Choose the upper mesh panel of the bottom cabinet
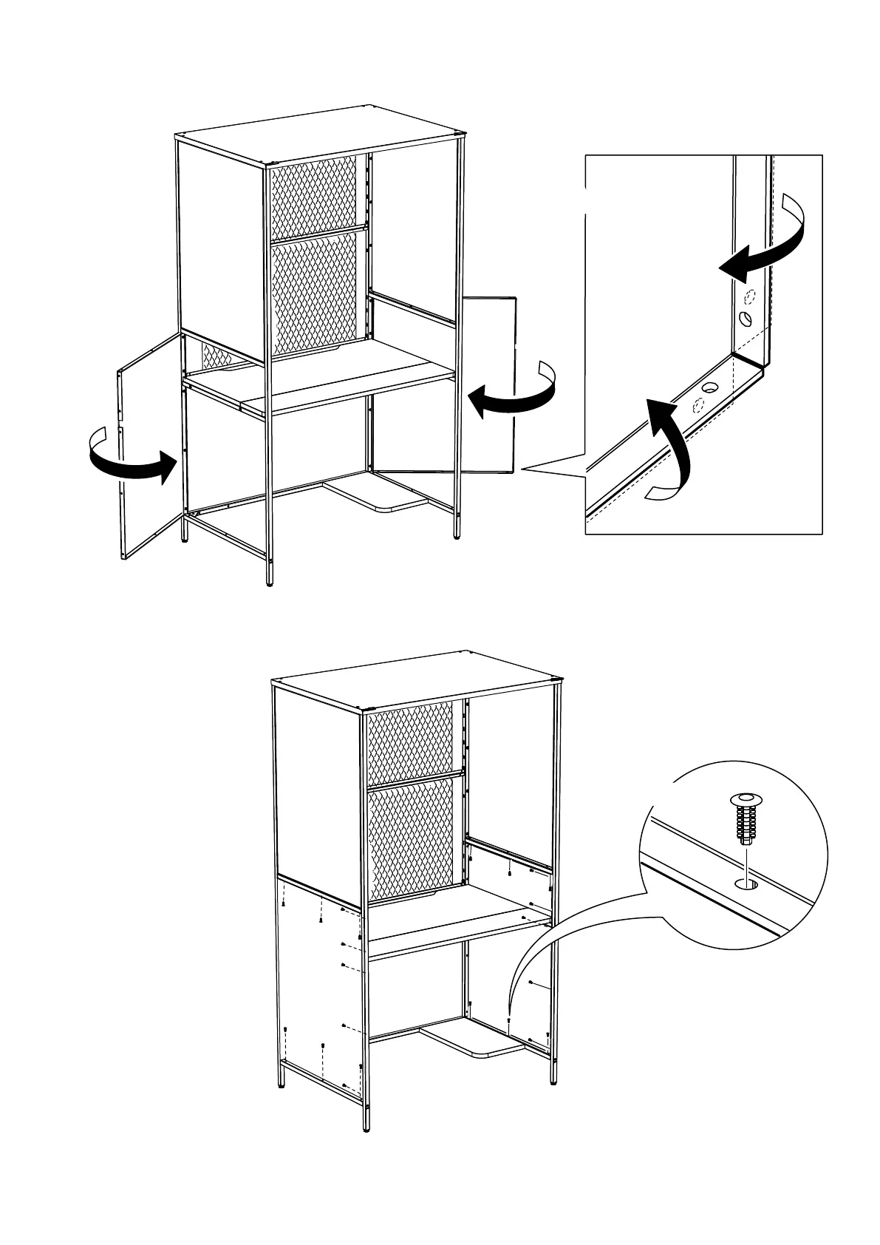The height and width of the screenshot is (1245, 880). click(410, 739)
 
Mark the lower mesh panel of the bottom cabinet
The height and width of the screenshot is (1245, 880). click(410, 835)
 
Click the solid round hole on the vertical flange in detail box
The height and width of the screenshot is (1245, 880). click(746, 319)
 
